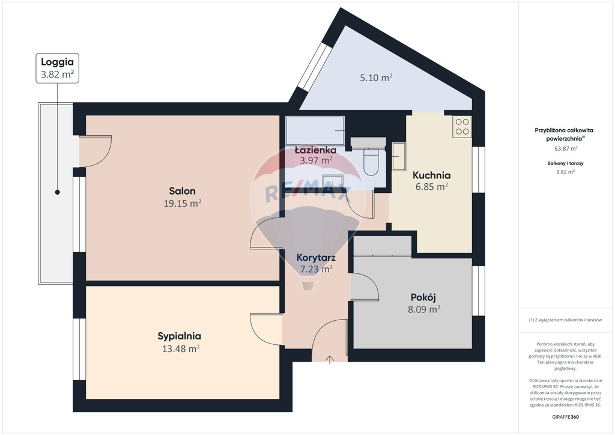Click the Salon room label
(182, 191)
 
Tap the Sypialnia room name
(179, 336)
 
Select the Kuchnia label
(431, 175)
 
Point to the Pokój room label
(423, 297)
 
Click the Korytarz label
(316, 258)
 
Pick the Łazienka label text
(315, 150)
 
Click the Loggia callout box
(57, 68)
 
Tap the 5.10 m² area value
(376, 78)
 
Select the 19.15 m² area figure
(183, 203)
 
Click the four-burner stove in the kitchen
(462, 127)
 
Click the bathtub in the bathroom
(315, 130)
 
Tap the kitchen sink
(399, 156)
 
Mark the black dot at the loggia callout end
(57, 192)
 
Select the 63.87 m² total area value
(566, 148)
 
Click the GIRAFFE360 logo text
(565, 417)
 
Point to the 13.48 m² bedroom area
(181, 348)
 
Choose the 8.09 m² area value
(423, 309)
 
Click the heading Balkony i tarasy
(565, 163)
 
